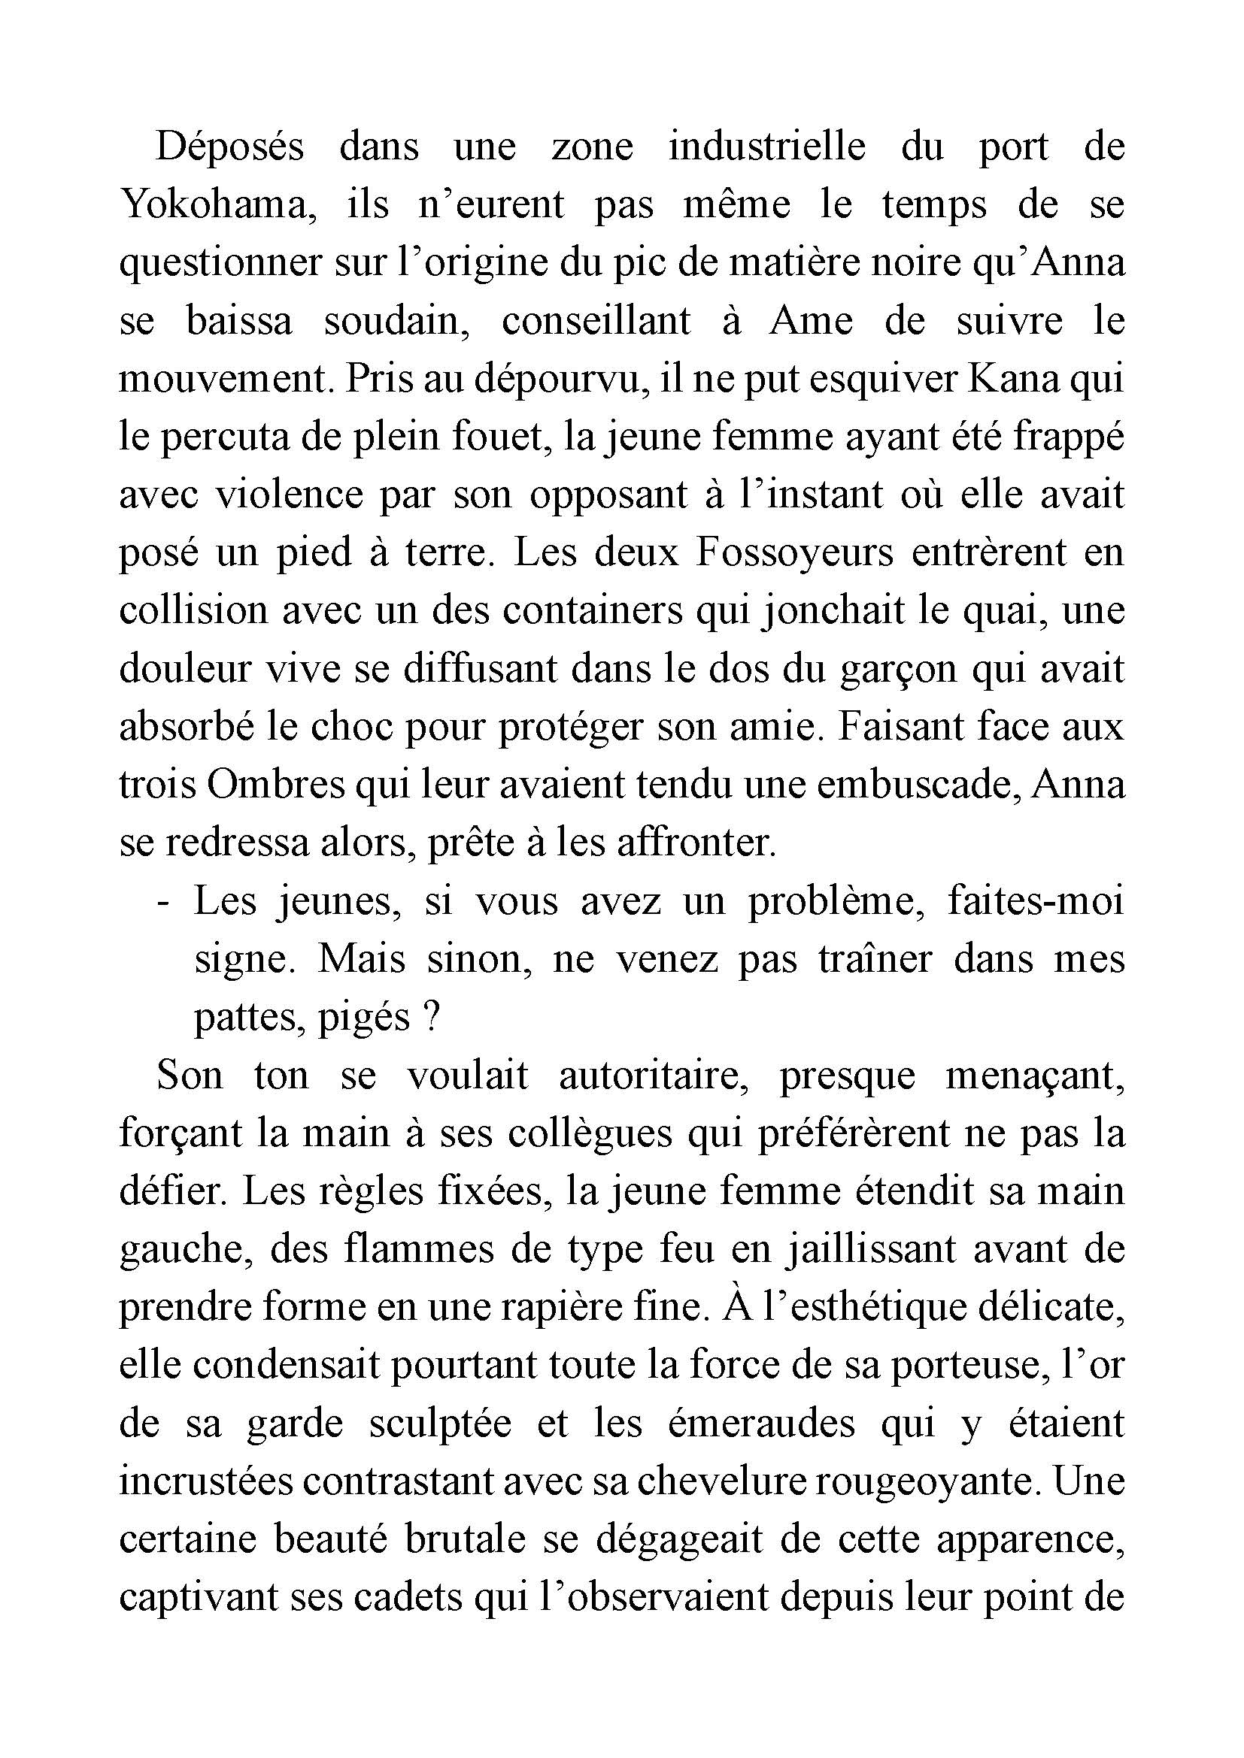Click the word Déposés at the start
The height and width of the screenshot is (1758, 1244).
230,147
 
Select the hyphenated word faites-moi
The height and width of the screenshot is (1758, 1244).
1036,901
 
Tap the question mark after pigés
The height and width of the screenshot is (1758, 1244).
429,1018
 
